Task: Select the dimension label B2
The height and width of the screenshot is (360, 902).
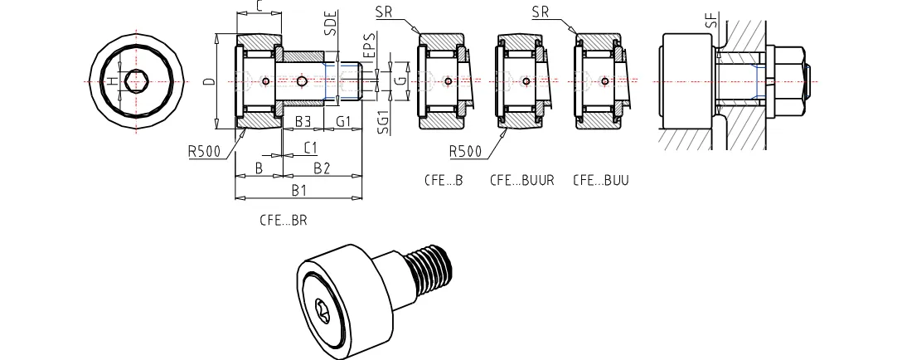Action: [x=321, y=168]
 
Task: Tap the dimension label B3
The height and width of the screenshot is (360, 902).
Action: [x=303, y=122]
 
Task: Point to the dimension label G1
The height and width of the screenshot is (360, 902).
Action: [x=345, y=122]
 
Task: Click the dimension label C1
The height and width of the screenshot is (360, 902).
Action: [x=310, y=148]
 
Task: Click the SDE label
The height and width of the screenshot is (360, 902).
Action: [x=329, y=23]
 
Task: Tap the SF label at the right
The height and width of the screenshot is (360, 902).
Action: [x=711, y=19]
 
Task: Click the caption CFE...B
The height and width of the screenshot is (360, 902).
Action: [x=443, y=179]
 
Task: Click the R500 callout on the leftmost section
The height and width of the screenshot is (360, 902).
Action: [x=205, y=152]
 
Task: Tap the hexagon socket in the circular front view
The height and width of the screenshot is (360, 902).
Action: [x=136, y=81]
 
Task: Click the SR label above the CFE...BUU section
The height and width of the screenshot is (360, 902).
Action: [x=541, y=12]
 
